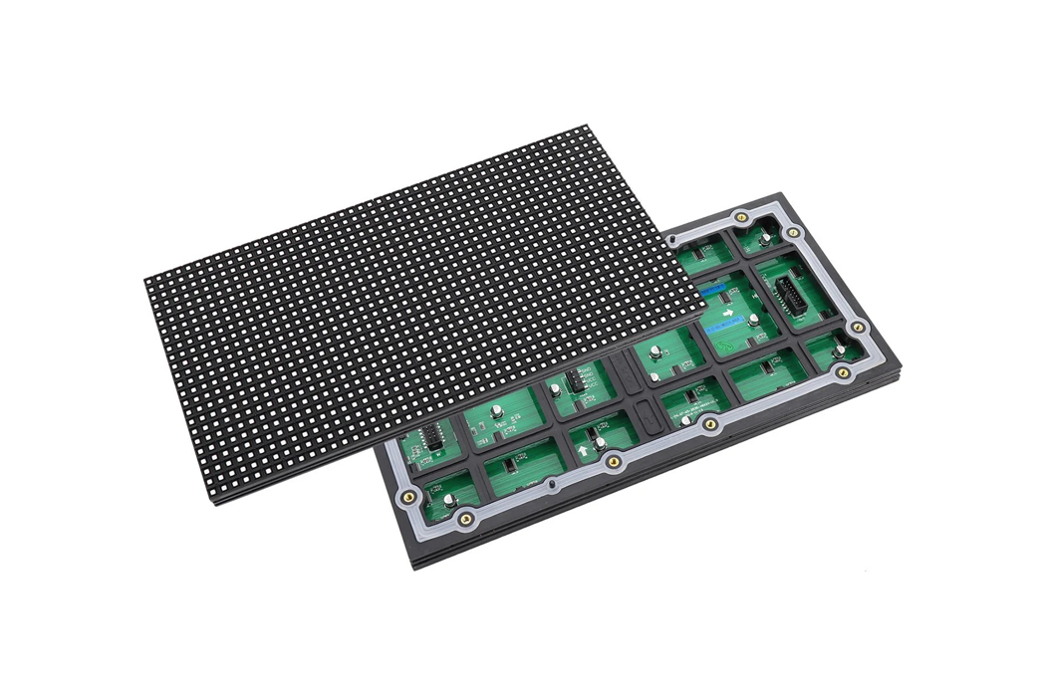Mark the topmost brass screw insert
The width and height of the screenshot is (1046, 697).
pos(739,217)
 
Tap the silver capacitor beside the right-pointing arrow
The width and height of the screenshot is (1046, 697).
pos(754,321)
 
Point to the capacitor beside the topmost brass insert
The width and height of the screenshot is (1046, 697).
pos(762,236)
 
